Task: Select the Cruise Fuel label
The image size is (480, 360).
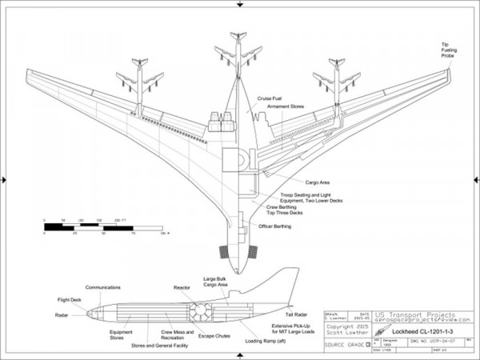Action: pos(270,98)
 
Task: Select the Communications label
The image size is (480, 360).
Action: pos(103,287)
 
